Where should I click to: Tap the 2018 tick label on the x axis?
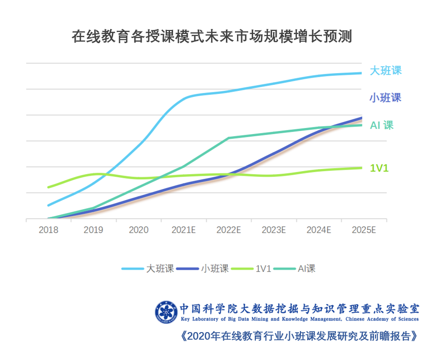click(48, 230)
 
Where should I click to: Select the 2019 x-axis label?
click(93, 230)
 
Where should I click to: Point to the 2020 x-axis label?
click(139, 230)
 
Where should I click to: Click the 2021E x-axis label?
click(184, 230)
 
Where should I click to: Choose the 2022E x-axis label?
click(228, 230)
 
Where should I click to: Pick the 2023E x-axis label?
click(274, 230)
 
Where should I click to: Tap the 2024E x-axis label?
click(319, 230)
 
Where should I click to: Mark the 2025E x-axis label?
click(363, 230)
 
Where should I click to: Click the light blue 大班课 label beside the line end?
click(385, 71)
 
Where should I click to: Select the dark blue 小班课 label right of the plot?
click(385, 98)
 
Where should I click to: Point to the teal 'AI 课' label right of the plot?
click(382, 125)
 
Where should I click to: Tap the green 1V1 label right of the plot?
click(379, 168)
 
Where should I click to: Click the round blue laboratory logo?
click(167, 311)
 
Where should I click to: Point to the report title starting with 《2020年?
click(299, 337)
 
